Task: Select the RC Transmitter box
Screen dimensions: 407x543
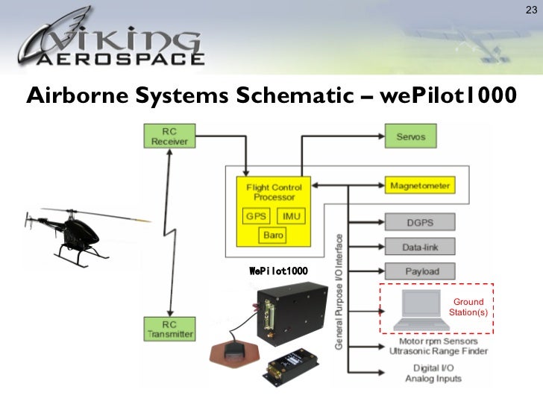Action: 169,329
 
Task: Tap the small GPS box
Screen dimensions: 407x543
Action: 255,216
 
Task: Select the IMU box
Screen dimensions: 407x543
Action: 291,216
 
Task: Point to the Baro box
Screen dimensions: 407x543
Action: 273,236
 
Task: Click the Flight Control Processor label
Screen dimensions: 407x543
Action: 273,192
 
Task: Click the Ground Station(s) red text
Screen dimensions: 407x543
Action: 468,307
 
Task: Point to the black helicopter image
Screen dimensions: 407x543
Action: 75,235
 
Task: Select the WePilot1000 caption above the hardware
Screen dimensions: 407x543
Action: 278,269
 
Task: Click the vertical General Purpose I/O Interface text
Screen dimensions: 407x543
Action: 338,293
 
